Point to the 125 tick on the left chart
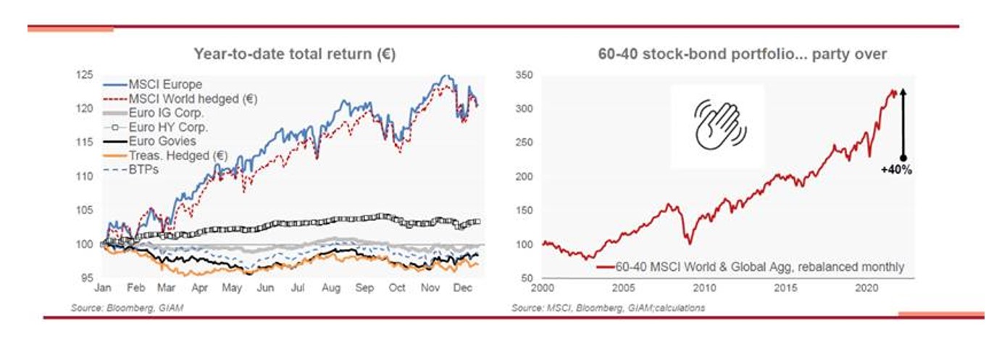86,75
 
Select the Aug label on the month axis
330,288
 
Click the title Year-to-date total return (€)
294,54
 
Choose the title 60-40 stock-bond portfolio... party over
743,54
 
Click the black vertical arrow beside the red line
903,123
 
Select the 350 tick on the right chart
524,75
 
